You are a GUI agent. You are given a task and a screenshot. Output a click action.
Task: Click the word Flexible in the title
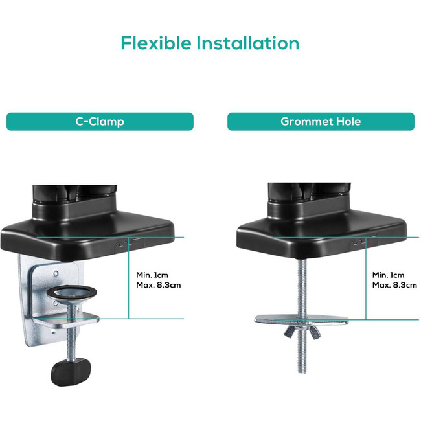click(x=156, y=43)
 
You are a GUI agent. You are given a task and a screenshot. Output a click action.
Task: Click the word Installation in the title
click(x=248, y=43)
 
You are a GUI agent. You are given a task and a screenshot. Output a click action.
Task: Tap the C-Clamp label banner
click(x=100, y=122)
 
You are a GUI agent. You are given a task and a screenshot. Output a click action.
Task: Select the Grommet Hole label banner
click(x=321, y=122)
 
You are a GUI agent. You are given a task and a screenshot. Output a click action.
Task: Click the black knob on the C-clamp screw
click(x=71, y=372)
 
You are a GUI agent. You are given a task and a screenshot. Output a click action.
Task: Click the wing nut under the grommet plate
click(x=302, y=332)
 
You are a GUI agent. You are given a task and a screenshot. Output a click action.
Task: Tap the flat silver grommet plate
click(x=301, y=320)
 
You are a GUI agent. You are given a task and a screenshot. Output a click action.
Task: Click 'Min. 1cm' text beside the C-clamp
click(x=152, y=275)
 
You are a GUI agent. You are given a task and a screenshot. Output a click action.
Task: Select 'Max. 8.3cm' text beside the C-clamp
click(x=159, y=285)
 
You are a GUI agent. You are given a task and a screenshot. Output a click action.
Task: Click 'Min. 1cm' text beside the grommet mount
click(x=388, y=275)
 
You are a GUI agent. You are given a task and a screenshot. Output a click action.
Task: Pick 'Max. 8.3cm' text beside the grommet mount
click(x=394, y=285)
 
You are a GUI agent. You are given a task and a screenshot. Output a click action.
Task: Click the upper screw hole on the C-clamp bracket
click(x=56, y=273)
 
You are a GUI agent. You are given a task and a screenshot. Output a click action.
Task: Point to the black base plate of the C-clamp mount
click(x=87, y=236)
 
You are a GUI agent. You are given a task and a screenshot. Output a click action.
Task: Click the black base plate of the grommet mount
click(x=322, y=236)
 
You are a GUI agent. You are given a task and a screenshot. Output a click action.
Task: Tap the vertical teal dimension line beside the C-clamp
click(x=129, y=278)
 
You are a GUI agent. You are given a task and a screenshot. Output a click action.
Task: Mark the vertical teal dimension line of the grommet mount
click(x=365, y=279)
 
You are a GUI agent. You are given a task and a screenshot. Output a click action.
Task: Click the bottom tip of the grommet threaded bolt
click(x=302, y=372)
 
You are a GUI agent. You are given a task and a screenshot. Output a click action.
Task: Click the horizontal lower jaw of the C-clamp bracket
click(x=66, y=319)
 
